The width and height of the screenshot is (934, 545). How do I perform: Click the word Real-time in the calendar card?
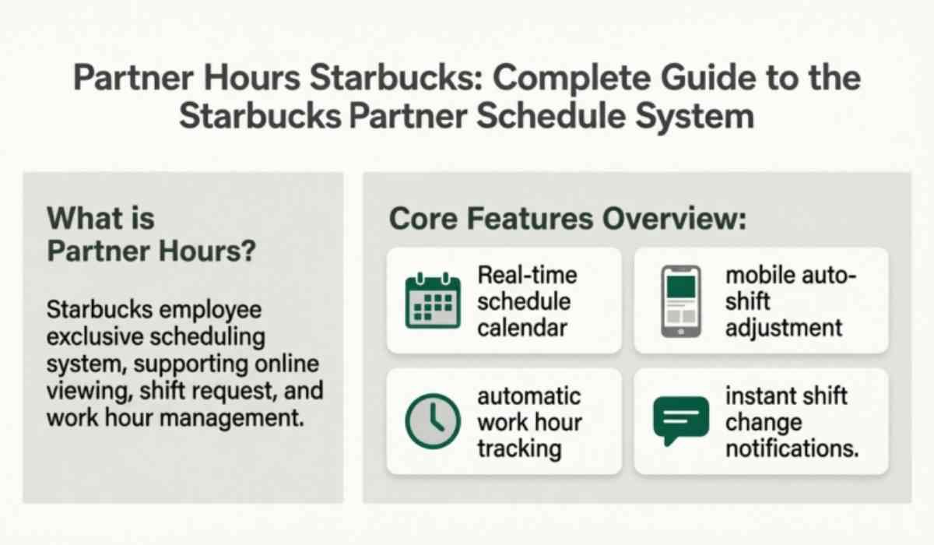click(527, 275)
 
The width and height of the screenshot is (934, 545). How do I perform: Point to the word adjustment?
click(784, 327)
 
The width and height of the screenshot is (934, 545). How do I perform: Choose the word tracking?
click(519, 448)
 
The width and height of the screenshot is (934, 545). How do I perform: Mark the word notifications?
click(792, 448)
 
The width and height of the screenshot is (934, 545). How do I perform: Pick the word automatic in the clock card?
click(529, 396)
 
